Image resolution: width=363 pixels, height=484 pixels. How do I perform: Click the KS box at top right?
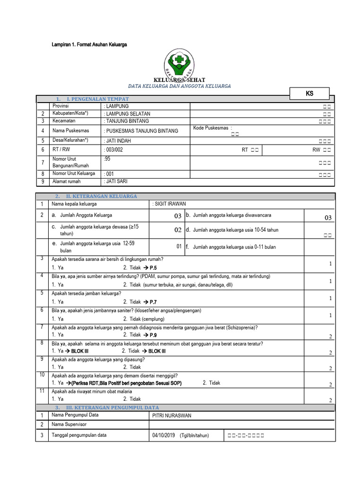coord(309,93)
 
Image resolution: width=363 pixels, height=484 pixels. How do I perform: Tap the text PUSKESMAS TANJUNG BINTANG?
coord(142,130)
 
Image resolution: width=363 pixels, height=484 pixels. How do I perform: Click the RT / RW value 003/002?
coord(113,149)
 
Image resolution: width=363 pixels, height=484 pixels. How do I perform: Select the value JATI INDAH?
coord(118,140)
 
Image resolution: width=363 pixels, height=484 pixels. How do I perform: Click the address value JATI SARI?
coord(115,181)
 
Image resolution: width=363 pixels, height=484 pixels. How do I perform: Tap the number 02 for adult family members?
coord(178,230)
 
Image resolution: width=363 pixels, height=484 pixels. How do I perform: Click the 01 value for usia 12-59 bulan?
coord(179,246)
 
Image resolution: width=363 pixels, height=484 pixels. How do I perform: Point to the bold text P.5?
coord(153,268)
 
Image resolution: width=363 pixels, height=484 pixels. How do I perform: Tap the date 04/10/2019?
coord(164,435)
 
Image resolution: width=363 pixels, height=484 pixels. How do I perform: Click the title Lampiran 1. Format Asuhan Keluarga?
coord(89,44)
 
